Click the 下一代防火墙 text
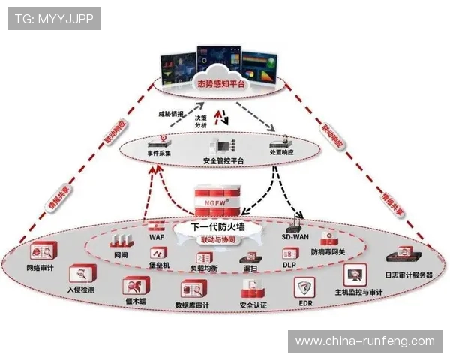220,226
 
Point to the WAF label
157,236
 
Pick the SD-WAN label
295,236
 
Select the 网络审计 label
40,267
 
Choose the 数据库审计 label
192,305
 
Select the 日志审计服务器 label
409,275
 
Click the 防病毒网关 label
328,252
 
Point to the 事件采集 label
158,154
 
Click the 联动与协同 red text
218,240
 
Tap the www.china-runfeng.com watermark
364,341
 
